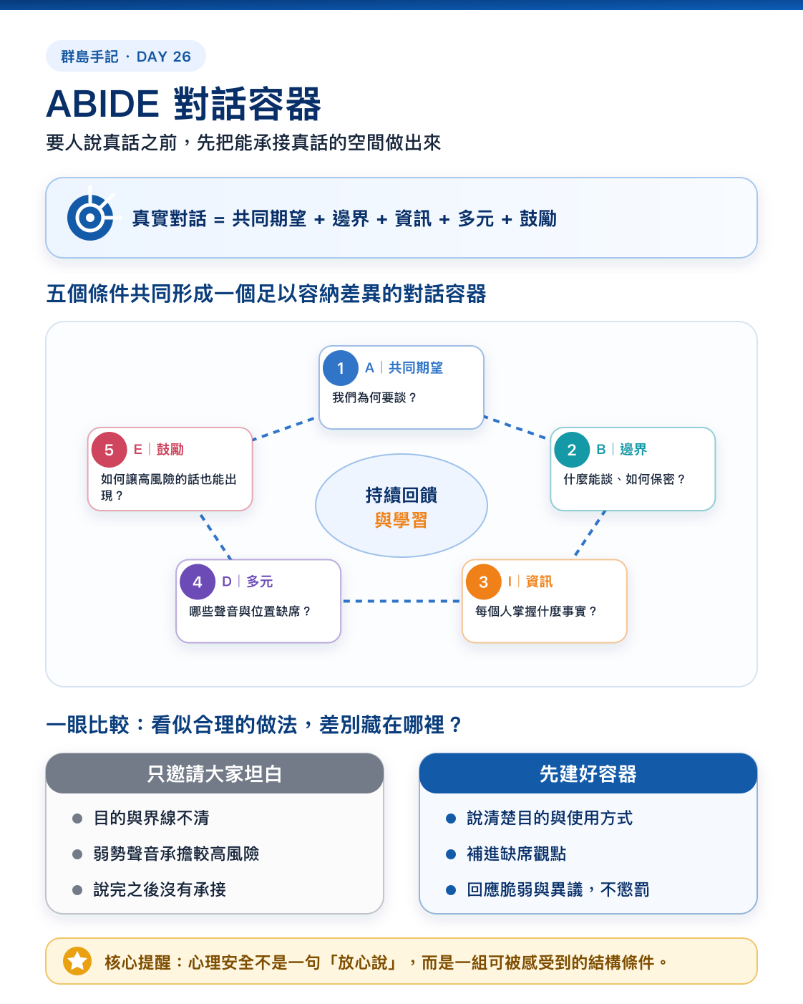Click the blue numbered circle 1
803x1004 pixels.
coord(341,367)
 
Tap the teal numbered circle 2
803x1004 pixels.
coord(572,449)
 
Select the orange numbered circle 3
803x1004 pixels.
coord(484,581)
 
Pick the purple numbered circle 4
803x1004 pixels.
coord(198,581)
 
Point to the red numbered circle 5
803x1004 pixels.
coord(109,449)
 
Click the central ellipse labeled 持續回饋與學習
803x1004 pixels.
coord(401,506)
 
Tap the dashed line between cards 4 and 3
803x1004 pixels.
coord(401,601)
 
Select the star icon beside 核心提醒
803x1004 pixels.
coord(77,961)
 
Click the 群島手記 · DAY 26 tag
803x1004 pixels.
coord(126,56)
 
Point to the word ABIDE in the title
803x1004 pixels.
coord(102,104)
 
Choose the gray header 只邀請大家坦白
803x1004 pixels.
coord(215,773)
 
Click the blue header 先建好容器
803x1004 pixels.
coord(588,773)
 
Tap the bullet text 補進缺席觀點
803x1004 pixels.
coord(516,854)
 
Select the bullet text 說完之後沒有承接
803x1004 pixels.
coord(160,889)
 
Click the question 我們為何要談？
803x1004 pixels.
coord(374,397)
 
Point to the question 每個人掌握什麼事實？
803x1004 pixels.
coord(536,611)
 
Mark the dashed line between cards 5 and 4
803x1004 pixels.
coord(215,536)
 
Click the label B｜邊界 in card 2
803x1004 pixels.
coord(622,449)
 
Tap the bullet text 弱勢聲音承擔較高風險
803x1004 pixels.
coord(176,854)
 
